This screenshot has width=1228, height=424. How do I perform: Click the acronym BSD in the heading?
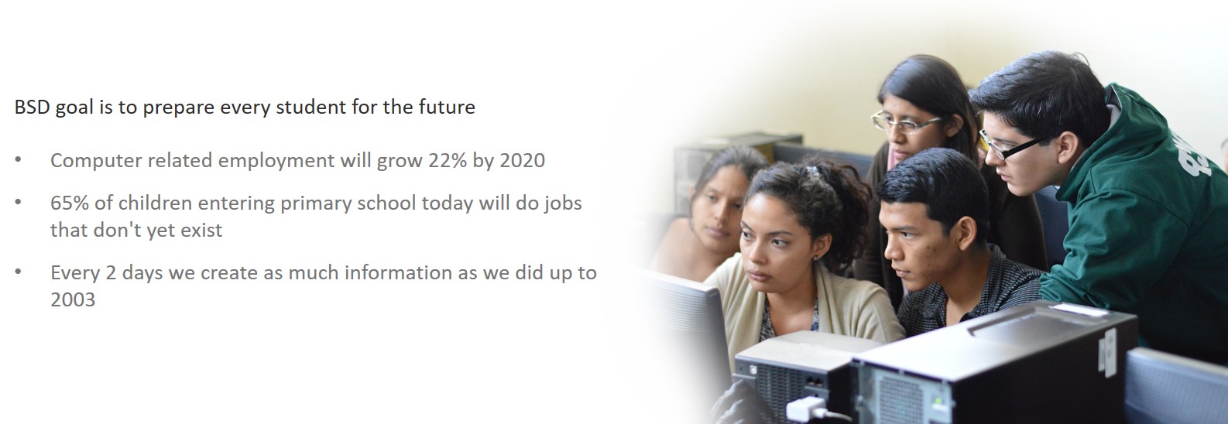tap(33, 107)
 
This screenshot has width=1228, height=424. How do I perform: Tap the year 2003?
tap(73, 299)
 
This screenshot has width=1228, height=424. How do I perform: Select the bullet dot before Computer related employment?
tap(18, 159)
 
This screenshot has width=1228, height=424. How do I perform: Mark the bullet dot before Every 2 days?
tap(18, 272)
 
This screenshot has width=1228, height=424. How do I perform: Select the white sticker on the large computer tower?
tap(1109, 352)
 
